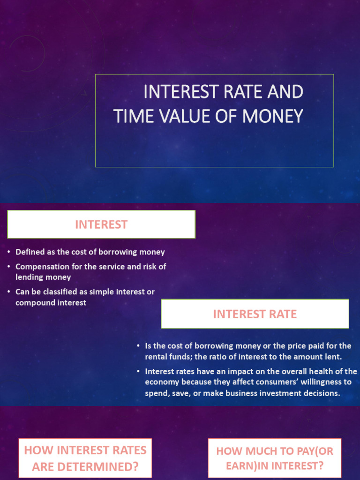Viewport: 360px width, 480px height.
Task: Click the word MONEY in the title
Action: [x=272, y=116]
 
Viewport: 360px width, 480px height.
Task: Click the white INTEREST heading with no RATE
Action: [x=101, y=225]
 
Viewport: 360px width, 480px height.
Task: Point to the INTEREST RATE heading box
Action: [x=255, y=314]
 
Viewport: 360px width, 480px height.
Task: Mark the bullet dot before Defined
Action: [x=9, y=252]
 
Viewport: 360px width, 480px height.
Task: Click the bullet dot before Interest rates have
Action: [x=138, y=371]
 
